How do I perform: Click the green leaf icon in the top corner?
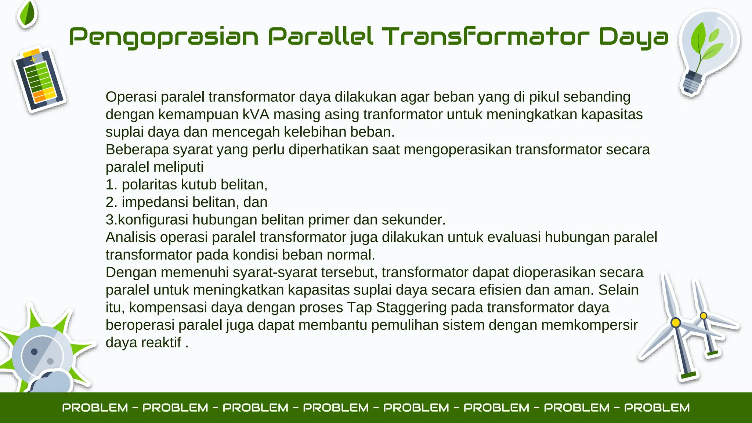pyautogui.click(x=28, y=14)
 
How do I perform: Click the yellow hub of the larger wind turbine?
pyautogui.click(x=676, y=323)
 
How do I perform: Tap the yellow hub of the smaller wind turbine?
pyautogui.click(x=704, y=316)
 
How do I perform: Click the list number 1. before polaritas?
pyautogui.click(x=111, y=185)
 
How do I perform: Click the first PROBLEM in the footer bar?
pyautogui.click(x=95, y=408)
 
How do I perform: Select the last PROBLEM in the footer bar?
pyautogui.click(x=657, y=408)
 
